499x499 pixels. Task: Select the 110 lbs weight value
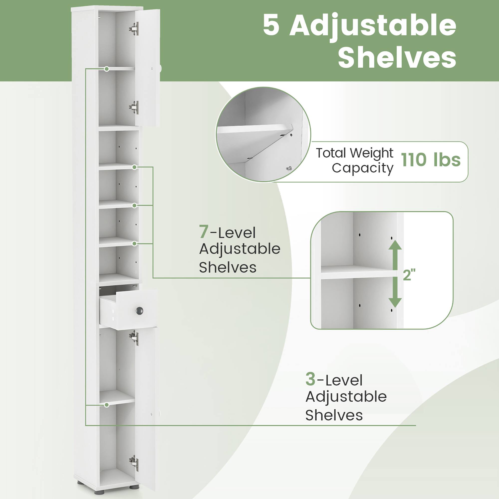(x=431, y=160)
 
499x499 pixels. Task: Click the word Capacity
(x=362, y=168)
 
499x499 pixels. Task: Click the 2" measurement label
(x=409, y=275)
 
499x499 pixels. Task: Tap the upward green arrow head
(x=395, y=245)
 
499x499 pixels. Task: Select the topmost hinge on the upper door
(x=134, y=28)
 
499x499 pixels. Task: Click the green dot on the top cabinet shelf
(x=107, y=69)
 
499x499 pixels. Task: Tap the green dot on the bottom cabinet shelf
(x=107, y=405)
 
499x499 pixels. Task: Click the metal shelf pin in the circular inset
(x=289, y=168)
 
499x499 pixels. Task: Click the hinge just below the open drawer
(x=134, y=338)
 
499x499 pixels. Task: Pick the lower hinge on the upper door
(x=134, y=107)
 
